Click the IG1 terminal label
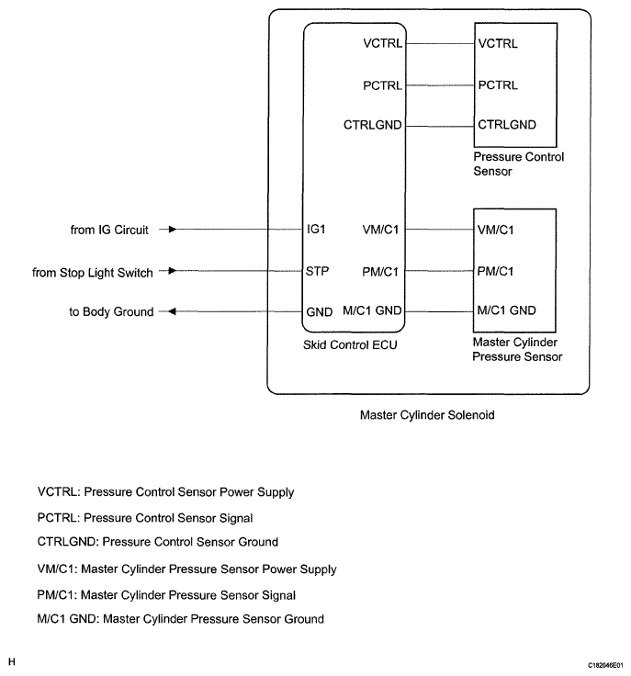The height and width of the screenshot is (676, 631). (319, 229)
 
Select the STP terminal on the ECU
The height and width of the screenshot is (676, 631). (318, 271)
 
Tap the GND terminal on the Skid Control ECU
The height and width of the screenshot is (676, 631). (319, 311)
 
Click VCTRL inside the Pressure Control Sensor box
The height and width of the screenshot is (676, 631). (499, 43)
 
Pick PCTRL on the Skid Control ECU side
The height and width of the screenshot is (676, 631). (382, 85)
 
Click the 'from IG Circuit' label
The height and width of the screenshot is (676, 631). (109, 229)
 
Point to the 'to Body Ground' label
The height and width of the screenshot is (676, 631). (111, 311)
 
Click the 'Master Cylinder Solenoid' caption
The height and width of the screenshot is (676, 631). (427, 415)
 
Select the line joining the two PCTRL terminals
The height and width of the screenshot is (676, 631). (439, 85)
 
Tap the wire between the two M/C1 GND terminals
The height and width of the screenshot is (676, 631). (439, 311)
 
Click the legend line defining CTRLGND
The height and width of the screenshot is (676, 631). (158, 542)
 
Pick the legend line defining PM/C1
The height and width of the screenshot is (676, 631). (166, 594)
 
